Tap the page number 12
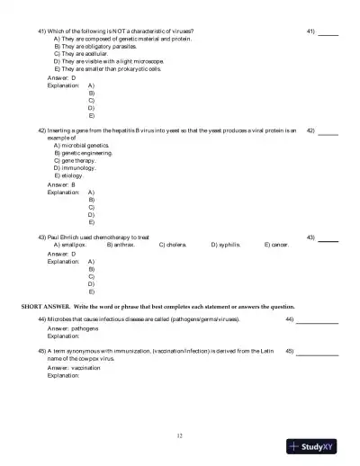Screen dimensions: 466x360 (180, 435)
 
